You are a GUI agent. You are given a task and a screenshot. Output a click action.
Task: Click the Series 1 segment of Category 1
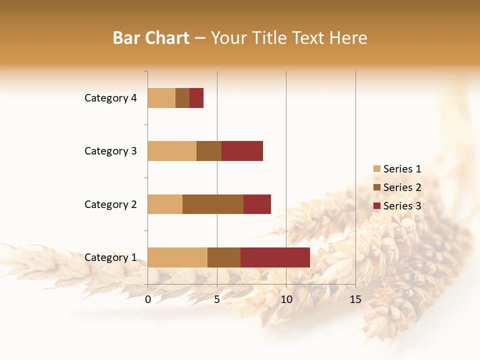pyautogui.click(x=177, y=257)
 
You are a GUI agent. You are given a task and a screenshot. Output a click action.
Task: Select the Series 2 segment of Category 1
pyautogui.click(x=224, y=257)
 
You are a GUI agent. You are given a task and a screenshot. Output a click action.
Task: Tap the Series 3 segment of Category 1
pyautogui.click(x=275, y=257)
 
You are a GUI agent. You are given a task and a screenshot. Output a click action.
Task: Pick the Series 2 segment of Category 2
pyautogui.click(x=213, y=204)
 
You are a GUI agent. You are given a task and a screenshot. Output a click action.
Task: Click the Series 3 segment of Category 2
pyautogui.click(x=257, y=204)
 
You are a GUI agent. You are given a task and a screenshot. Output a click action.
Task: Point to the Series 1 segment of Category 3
pyautogui.click(x=172, y=151)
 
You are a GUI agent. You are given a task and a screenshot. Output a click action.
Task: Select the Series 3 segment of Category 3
pyautogui.click(x=242, y=151)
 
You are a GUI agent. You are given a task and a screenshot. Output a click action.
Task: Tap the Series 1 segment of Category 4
pyautogui.click(x=161, y=98)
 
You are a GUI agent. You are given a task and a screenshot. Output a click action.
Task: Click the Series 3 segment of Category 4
pyautogui.click(x=196, y=98)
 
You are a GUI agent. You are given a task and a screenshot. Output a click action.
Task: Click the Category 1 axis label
pyautogui.click(x=110, y=257)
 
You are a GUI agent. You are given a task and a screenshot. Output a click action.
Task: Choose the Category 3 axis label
pyautogui.click(x=110, y=151)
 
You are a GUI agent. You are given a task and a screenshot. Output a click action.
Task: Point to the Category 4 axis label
pyautogui.click(x=110, y=98)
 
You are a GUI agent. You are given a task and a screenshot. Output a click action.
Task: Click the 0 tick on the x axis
pyautogui.click(x=148, y=299)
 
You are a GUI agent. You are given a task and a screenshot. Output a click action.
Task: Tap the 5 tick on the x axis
pyautogui.click(x=217, y=299)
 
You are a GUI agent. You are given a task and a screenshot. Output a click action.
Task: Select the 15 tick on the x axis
pyautogui.click(x=355, y=299)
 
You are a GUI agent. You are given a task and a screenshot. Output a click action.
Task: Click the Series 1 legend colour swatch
pyautogui.click(x=376, y=169)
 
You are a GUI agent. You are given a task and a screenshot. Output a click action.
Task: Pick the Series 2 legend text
pyautogui.click(x=402, y=187)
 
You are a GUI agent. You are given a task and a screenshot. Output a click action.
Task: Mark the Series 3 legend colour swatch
pyautogui.click(x=376, y=206)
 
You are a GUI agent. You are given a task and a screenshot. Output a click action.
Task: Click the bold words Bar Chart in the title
pyautogui.click(x=151, y=38)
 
